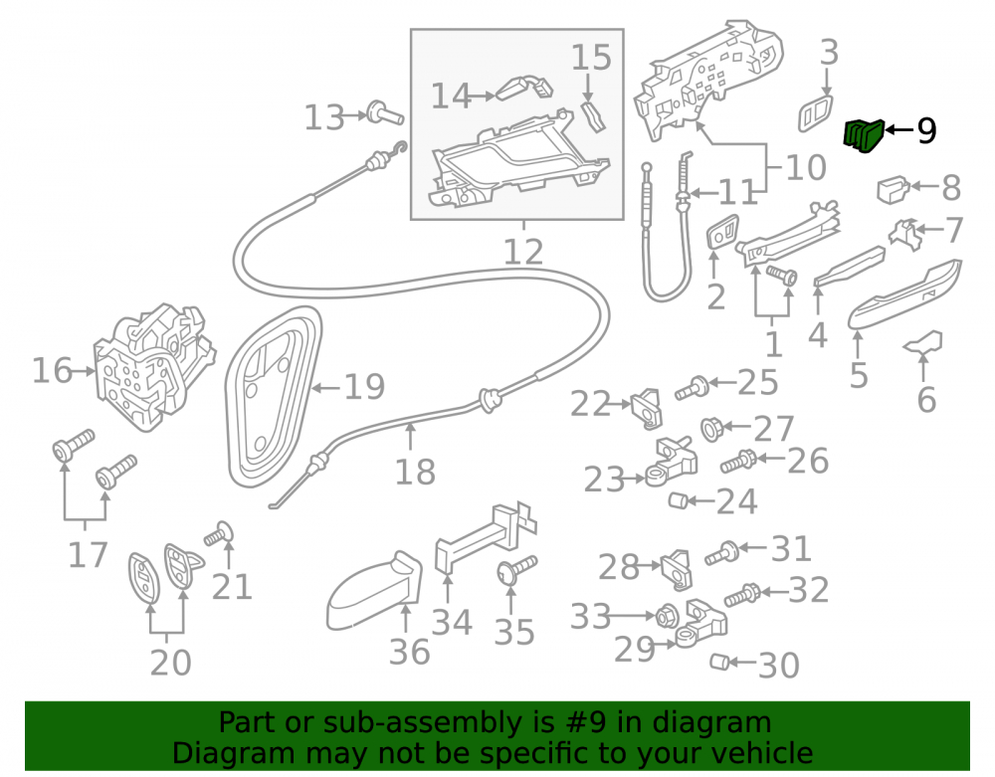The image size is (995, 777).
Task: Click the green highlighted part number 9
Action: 863,135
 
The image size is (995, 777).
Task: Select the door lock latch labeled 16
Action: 154,367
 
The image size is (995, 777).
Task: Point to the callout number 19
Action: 364,386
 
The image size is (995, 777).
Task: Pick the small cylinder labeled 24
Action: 678,500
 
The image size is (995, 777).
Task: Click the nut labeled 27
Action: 711,430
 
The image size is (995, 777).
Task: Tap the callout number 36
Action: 409,652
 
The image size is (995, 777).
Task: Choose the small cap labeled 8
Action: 893,189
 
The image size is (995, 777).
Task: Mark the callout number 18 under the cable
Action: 415,472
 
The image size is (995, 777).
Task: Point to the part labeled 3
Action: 816,114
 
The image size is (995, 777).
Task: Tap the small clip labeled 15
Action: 593,116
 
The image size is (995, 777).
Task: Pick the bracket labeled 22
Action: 647,409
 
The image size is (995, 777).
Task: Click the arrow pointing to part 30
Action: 742,663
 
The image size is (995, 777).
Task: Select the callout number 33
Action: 591,616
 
